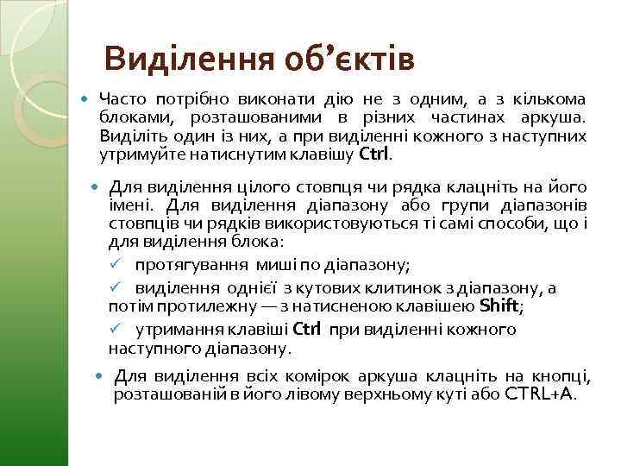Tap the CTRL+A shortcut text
539,394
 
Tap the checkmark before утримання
114,329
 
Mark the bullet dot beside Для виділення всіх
99,376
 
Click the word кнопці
561,375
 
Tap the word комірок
283,375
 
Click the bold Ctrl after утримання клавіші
307,329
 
